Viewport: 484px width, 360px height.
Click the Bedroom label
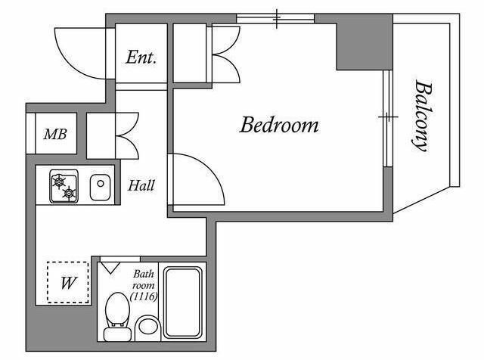click(279, 125)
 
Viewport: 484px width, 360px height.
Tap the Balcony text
click(422, 116)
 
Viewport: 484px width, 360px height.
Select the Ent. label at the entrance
click(141, 57)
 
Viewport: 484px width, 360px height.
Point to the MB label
click(55, 134)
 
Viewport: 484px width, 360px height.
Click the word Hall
click(141, 185)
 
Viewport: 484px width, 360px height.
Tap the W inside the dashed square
click(69, 283)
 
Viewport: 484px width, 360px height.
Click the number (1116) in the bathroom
click(144, 296)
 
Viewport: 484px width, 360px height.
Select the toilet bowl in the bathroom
click(117, 316)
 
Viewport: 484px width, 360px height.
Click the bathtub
click(183, 303)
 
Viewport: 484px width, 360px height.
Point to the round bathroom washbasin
click(147, 327)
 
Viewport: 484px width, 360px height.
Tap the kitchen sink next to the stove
click(100, 187)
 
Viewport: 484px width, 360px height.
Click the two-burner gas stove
click(64, 186)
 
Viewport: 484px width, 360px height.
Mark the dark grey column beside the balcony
click(365, 42)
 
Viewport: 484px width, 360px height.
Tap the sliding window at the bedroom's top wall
click(275, 18)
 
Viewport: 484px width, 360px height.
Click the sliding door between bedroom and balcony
click(388, 118)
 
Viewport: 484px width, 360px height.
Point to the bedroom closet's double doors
click(225, 54)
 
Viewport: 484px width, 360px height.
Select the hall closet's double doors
click(127, 135)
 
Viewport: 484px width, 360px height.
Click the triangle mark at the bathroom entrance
click(110, 268)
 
